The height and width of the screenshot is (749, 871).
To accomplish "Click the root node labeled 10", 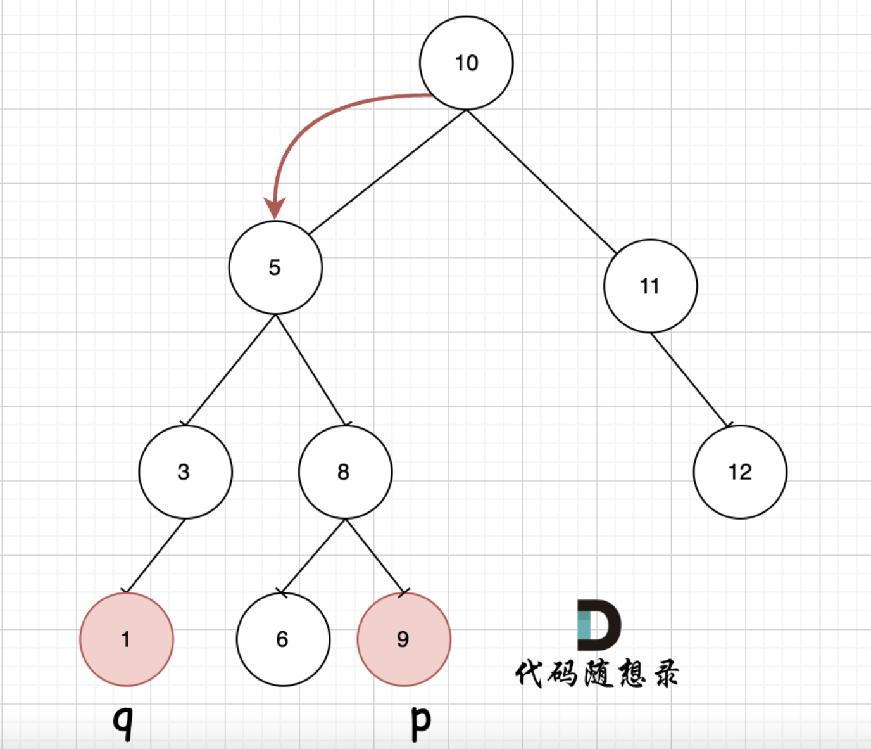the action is click(x=467, y=63).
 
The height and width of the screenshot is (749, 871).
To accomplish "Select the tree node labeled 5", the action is click(x=275, y=267).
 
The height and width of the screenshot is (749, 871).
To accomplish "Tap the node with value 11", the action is click(x=650, y=286).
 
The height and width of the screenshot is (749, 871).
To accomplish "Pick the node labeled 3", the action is click(x=185, y=472).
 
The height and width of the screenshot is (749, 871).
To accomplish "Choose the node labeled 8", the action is click(x=345, y=472).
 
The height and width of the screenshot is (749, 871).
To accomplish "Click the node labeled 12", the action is click(x=740, y=472).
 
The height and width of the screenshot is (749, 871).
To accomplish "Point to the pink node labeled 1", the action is click(x=127, y=639).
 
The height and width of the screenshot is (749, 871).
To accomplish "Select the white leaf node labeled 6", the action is click(x=283, y=639).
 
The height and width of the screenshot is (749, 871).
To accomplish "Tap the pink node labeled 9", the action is click(x=404, y=639).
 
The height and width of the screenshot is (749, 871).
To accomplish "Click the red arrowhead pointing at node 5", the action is click(x=275, y=208).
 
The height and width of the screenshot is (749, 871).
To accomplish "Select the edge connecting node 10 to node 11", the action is click(x=541, y=182).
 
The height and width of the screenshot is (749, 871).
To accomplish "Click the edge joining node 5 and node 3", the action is click(x=230, y=370).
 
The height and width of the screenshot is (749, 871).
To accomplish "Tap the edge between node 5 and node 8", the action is click(x=311, y=370).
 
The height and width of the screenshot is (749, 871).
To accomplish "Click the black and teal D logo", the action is click(x=598, y=625).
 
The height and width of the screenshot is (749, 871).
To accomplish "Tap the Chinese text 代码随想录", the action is click(x=597, y=673).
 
